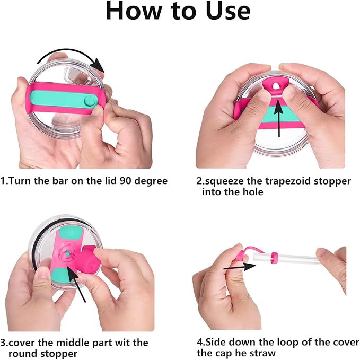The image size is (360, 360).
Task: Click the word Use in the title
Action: click(228, 11)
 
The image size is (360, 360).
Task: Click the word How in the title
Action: click(134, 11)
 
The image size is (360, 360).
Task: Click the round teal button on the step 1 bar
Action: click(90, 101)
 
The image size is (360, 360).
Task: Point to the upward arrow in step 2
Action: click(279, 118)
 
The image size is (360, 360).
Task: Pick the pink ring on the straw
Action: click(274, 258)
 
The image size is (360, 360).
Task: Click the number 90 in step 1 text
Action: click(125, 181)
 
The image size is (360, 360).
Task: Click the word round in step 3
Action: click(23, 353)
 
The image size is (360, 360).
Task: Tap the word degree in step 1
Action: click(151, 181)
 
